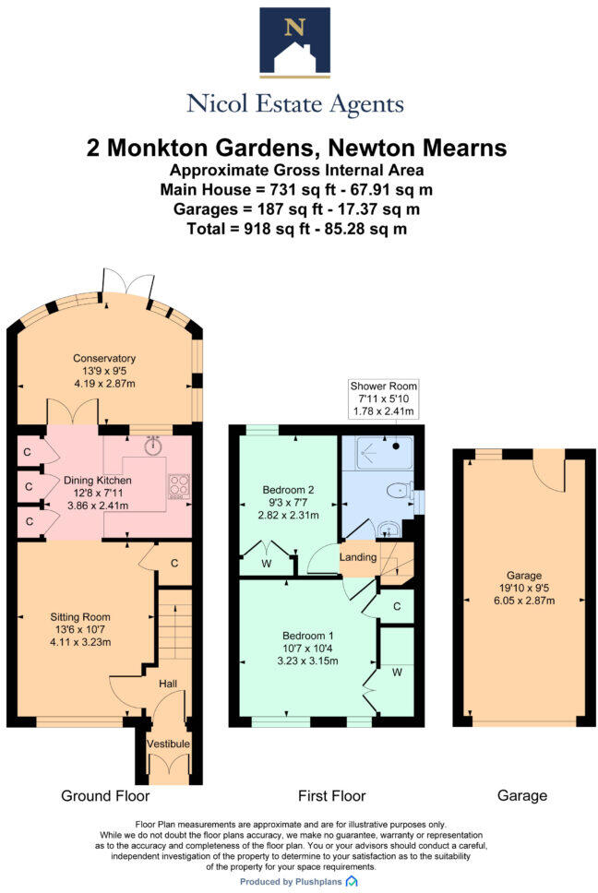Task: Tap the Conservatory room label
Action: tap(105, 359)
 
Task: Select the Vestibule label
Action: tap(168, 744)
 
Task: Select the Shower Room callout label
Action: tap(383, 385)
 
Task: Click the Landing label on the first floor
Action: tap(358, 557)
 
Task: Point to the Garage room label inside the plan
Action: tap(523, 575)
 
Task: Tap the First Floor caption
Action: tap(331, 795)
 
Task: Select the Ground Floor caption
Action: tap(105, 795)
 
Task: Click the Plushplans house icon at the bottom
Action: tap(352, 882)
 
